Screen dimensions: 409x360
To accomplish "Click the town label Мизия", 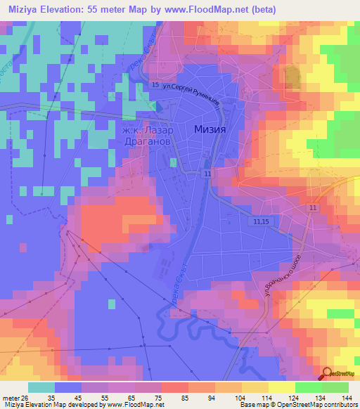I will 209,129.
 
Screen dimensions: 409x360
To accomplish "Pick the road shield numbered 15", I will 155,85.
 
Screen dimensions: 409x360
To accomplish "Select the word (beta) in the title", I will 257,9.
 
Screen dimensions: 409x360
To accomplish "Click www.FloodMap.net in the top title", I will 199,9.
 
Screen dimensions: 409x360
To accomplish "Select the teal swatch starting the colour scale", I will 41,387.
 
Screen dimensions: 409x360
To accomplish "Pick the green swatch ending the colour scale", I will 335,387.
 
